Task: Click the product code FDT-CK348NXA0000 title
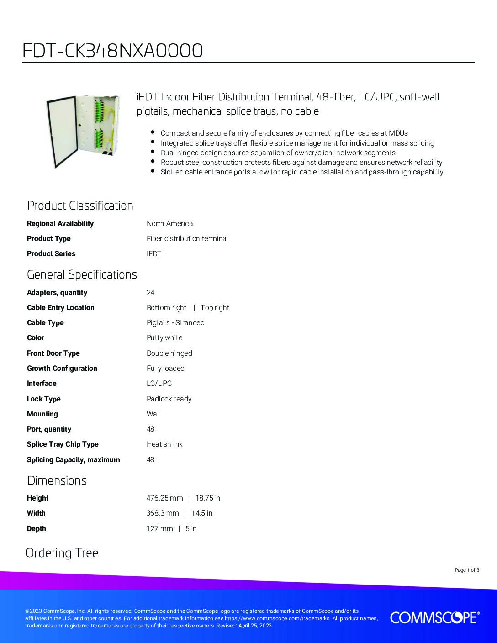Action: [x=112, y=51]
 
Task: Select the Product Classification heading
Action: [x=80, y=206]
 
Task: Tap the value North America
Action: [x=169, y=223]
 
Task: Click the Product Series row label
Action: [x=51, y=253]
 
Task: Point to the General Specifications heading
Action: [x=82, y=274]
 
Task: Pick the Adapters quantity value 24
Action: [x=150, y=292]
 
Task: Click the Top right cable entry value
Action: [x=215, y=307]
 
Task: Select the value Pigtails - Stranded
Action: [x=175, y=322]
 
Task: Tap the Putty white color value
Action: [x=164, y=337]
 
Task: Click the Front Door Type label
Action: [x=53, y=353]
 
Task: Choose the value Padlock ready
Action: [x=169, y=399]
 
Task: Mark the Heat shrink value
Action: [x=164, y=444]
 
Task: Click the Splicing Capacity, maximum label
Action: [x=73, y=459]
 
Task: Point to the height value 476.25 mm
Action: [x=164, y=498]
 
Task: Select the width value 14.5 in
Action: [x=202, y=513]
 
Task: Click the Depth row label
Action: [x=37, y=528]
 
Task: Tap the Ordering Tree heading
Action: [x=62, y=553]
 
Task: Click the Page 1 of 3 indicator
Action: [x=467, y=570]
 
